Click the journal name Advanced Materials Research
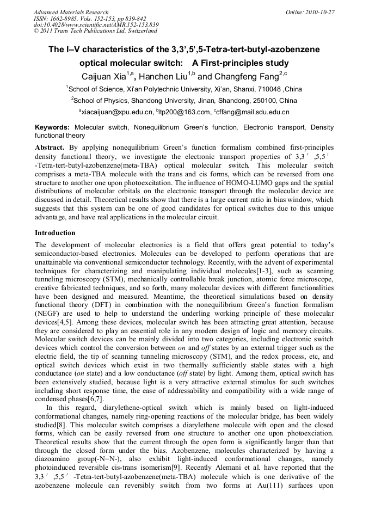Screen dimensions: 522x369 71,12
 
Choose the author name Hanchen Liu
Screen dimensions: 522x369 177,76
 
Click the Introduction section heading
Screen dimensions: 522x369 56,232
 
